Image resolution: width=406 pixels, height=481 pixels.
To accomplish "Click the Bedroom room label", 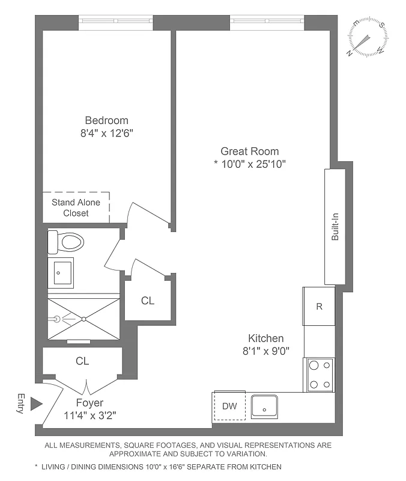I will (106, 120).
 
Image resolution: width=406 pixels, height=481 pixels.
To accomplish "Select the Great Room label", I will (249, 152).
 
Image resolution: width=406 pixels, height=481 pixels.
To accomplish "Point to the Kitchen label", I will (266, 339).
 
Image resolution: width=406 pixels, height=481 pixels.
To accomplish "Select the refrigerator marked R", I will (319, 306).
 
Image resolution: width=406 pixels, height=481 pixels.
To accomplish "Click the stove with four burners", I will (319, 375).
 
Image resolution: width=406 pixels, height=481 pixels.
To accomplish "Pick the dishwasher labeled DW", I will (229, 406).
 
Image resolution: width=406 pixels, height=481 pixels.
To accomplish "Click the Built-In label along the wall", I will (335, 227).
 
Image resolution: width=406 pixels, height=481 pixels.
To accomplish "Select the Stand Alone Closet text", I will (76, 208).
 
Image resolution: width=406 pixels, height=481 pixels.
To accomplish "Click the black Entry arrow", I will (37, 403).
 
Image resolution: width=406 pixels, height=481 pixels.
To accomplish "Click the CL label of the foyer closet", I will (82, 361).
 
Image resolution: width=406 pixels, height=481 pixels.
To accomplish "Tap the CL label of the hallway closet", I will (148, 301).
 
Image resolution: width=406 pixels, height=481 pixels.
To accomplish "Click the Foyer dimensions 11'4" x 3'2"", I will (89, 415).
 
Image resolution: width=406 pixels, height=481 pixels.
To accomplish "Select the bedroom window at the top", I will (116, 23).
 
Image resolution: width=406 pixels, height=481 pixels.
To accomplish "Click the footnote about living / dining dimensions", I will (158, 467).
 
